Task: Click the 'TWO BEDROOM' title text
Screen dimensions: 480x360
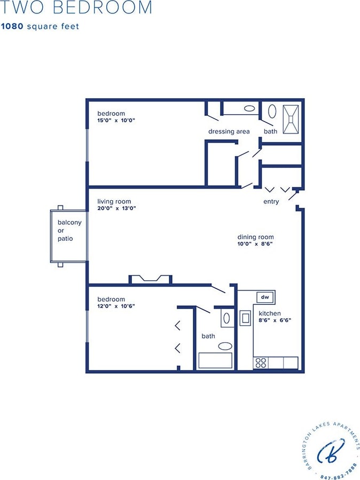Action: [x=76, y=8]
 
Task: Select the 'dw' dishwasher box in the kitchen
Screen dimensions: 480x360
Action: [x=264, y=297]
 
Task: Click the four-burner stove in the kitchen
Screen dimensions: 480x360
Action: [x=261, y=363]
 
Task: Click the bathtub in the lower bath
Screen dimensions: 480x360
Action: [x=215, y=360]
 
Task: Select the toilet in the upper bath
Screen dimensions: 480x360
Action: [x=272, y=112]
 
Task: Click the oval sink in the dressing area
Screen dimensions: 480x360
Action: [x=249, y=108]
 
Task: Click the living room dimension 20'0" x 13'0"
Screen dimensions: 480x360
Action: [x=116, y=208]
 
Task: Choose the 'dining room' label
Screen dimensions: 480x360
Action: [x=255, y=237]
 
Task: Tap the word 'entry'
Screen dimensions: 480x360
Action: [x=271, y=202]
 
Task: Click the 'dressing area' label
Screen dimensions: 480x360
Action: [x=229, y=131]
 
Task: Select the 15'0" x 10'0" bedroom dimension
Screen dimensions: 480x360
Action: [x=116, y=121]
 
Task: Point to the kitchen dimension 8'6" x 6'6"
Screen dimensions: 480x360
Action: [x=275, y=320]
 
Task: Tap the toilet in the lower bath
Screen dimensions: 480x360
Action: [x=226, y=318]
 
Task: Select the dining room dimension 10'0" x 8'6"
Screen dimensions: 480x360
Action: [x=255, y=244]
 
